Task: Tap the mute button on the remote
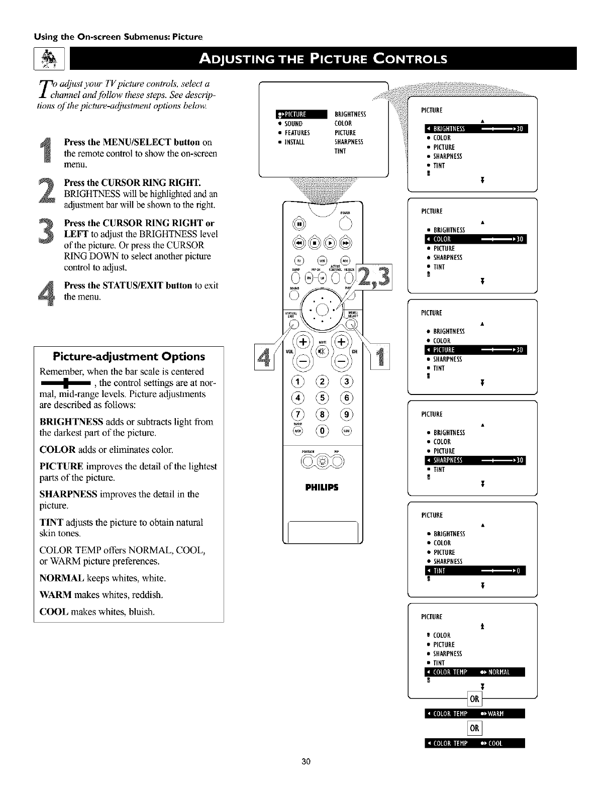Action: click(x=323, y=350)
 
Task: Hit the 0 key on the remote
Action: click(x=323, y=430)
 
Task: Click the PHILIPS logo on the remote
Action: click(x=323, y=487)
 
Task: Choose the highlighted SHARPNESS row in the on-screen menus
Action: click(x=475, y=460)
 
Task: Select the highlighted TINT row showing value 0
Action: click(x=475, y=571)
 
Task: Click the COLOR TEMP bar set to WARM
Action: click(x=475, y=714)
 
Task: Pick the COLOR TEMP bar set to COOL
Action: click(x=475, y=743)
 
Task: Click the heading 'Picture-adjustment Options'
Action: click(x=129, y=357)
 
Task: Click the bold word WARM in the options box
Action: click(x=55, y=595)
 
